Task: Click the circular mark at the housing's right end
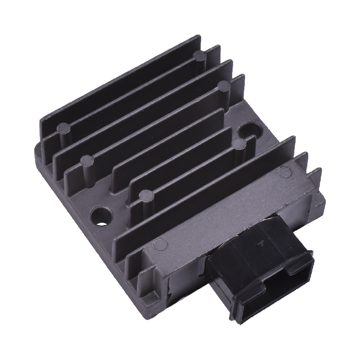[x=284, y=171]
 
